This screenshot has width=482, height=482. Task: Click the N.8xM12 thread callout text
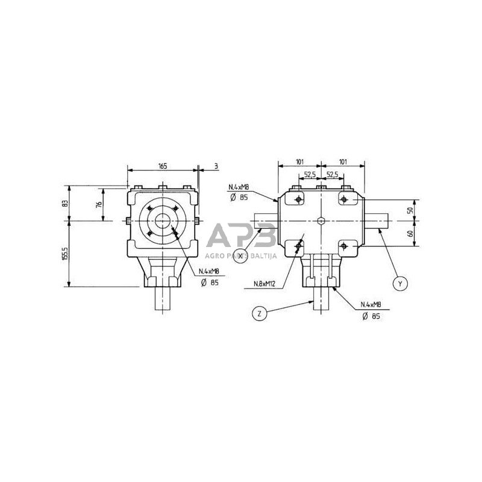(x=267, y=283)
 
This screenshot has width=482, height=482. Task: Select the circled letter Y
(x=398, y=282)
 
